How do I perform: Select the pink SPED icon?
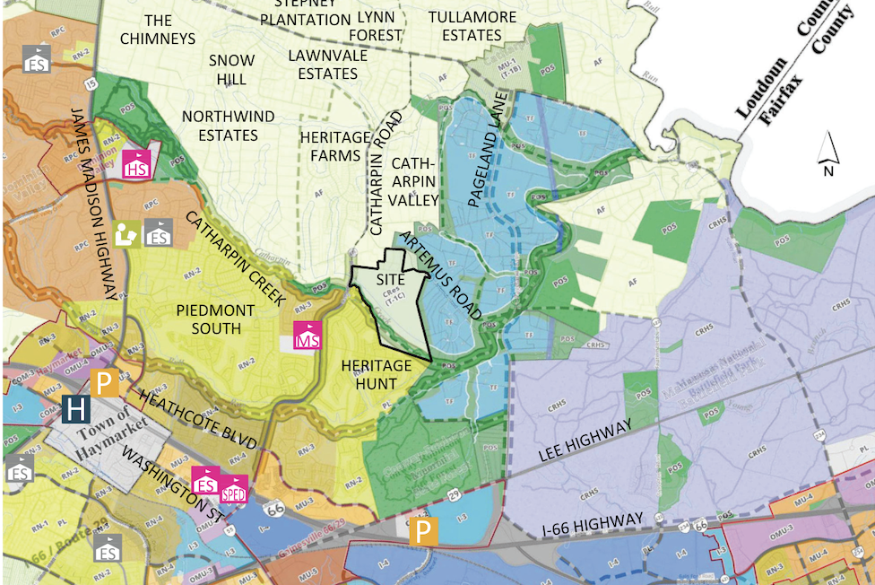point(235,489)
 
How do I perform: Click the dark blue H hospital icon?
point(76,411)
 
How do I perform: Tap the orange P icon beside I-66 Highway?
point(425,532)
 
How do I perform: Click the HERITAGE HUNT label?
point(377,375)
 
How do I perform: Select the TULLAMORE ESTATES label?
point(472,26)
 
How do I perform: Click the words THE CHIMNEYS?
point(157,29)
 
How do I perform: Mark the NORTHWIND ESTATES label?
point(220,127)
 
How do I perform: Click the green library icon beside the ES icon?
point(127,234)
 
